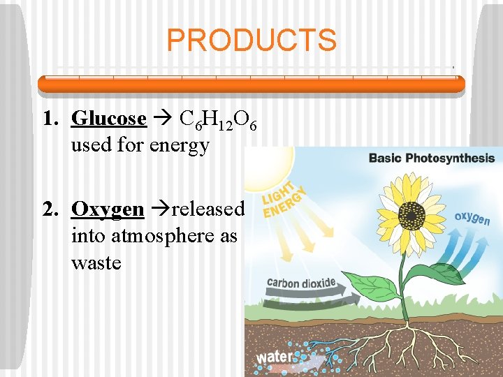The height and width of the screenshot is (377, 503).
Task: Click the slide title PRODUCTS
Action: coord(251,40)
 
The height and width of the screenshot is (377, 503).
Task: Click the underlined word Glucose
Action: coord(109,119)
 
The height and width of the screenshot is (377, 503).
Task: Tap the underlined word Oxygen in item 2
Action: coord(108,209)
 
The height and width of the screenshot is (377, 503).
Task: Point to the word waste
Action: coord(96,263)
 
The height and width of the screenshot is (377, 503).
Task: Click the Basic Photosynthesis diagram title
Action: coord(431,158)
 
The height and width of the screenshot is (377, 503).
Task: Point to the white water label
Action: coord(275,357)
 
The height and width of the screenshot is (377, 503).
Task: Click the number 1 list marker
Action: coord(49,119)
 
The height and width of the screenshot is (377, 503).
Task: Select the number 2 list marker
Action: coord(49,209)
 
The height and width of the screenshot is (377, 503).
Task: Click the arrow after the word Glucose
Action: coord(162,119)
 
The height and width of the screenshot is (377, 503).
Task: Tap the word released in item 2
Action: coord(208,209)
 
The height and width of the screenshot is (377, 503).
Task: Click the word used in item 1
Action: coord(88,146)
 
